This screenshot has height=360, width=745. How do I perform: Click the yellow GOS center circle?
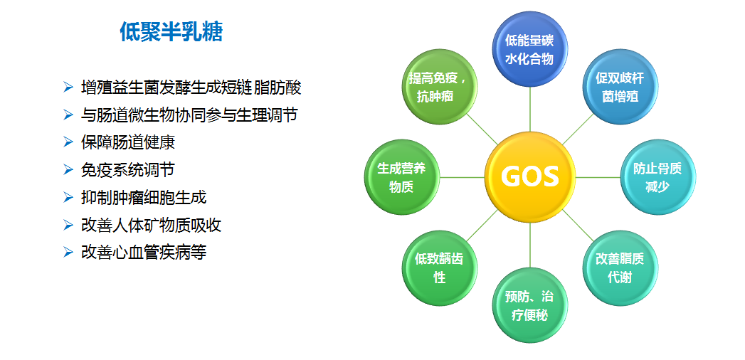point(530,176)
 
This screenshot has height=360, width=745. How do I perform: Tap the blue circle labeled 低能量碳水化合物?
point(530,49)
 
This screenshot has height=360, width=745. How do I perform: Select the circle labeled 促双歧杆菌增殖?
point(620,86)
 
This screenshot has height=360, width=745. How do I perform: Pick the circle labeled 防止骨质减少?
point(657,176)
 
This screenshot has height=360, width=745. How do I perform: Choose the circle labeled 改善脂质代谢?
point(620,268)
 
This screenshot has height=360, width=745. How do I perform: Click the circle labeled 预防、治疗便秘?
point(530,305)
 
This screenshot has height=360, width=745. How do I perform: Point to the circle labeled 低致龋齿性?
point(440,268)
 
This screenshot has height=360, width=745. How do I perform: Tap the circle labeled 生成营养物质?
point(402,176)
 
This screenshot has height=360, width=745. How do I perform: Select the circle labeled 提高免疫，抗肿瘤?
point(440,86)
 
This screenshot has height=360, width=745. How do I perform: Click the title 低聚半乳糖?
point(171,32)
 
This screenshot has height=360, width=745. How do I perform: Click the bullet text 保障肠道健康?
point(128,142)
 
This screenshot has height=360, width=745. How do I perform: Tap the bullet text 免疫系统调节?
point(128,169)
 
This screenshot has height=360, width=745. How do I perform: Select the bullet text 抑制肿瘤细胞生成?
point(144,197)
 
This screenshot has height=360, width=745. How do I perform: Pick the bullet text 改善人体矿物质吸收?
point(152,225)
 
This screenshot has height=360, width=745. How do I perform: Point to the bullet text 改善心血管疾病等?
point(144,252)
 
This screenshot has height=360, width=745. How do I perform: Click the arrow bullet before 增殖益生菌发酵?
point(68,88)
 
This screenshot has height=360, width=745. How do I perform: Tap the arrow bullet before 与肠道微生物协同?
point(68,115)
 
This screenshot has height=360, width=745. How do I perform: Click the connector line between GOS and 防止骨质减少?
point(598,177)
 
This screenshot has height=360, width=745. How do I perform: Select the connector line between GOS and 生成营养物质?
point(463,177)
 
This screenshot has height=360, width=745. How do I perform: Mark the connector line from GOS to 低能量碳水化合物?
point(530,110)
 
